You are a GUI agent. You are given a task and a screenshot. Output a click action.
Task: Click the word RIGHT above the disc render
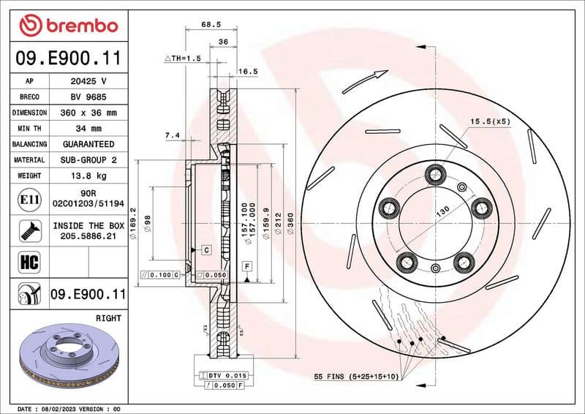[108, 318]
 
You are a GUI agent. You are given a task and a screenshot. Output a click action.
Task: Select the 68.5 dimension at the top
[211, 25]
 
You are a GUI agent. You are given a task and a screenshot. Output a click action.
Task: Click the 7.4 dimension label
[173, 135]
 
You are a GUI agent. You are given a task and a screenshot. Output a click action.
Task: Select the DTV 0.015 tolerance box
[224, 375]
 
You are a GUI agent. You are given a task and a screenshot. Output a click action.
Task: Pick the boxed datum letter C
[206, 250]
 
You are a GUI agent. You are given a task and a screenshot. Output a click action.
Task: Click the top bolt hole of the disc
[437, 174]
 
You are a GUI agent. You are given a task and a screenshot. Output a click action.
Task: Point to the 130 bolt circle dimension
[443, 211]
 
